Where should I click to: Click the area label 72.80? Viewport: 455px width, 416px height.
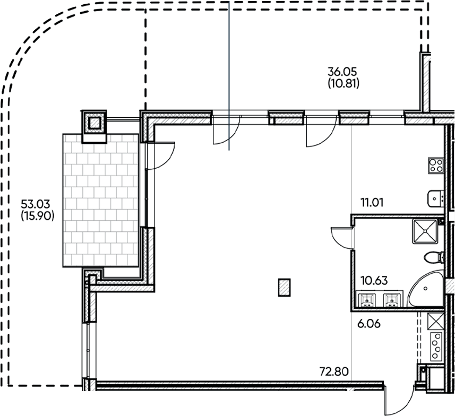click(x=334, y=371)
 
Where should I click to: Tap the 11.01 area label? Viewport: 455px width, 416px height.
click(x=372, y=203)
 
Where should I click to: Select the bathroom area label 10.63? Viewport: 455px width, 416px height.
click(x=374, y=281)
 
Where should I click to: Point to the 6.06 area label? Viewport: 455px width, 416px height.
click(x=368, y=324)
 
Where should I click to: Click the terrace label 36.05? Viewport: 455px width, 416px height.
click(x=342, y=71)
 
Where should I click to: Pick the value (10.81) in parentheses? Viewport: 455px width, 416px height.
click(x=344, y=84)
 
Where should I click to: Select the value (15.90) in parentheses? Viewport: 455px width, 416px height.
click(x=38, y=216)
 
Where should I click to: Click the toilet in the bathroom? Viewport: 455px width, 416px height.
click(x=434, y=257)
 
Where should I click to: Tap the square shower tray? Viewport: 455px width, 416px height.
click(x=425, y=231)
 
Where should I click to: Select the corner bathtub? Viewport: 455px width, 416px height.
click(x=426, y=288)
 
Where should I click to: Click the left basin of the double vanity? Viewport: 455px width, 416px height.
click(x=367, y=300)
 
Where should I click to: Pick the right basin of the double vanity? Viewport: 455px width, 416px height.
click(x=392, y=300)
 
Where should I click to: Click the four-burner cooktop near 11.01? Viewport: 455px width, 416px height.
click(x=436, y=166)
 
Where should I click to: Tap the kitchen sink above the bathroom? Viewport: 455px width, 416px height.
click(x=435, y=199)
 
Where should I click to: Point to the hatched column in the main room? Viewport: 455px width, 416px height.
click(x=285, y=288)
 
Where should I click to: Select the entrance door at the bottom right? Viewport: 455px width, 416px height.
click(x=400, y=400)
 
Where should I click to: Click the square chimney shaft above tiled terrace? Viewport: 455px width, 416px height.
click(x=95, y=123)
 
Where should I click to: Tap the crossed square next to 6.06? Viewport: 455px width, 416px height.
click(x=436, y=322)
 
